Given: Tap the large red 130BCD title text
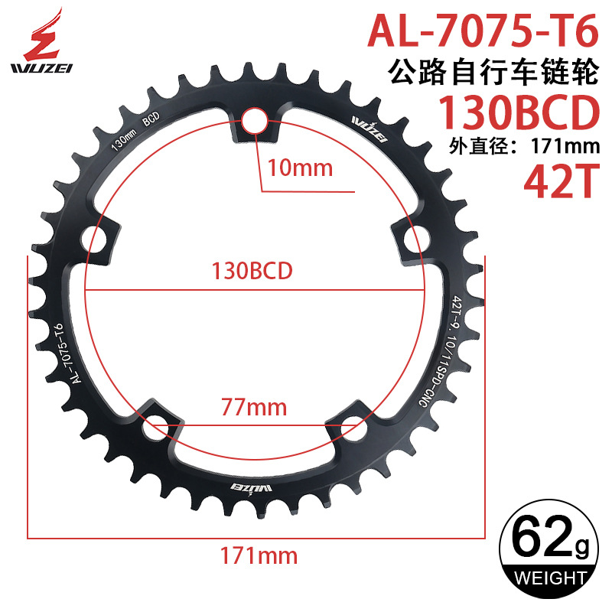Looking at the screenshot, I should [516, 115].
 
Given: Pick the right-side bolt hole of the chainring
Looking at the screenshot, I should [415, 236].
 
